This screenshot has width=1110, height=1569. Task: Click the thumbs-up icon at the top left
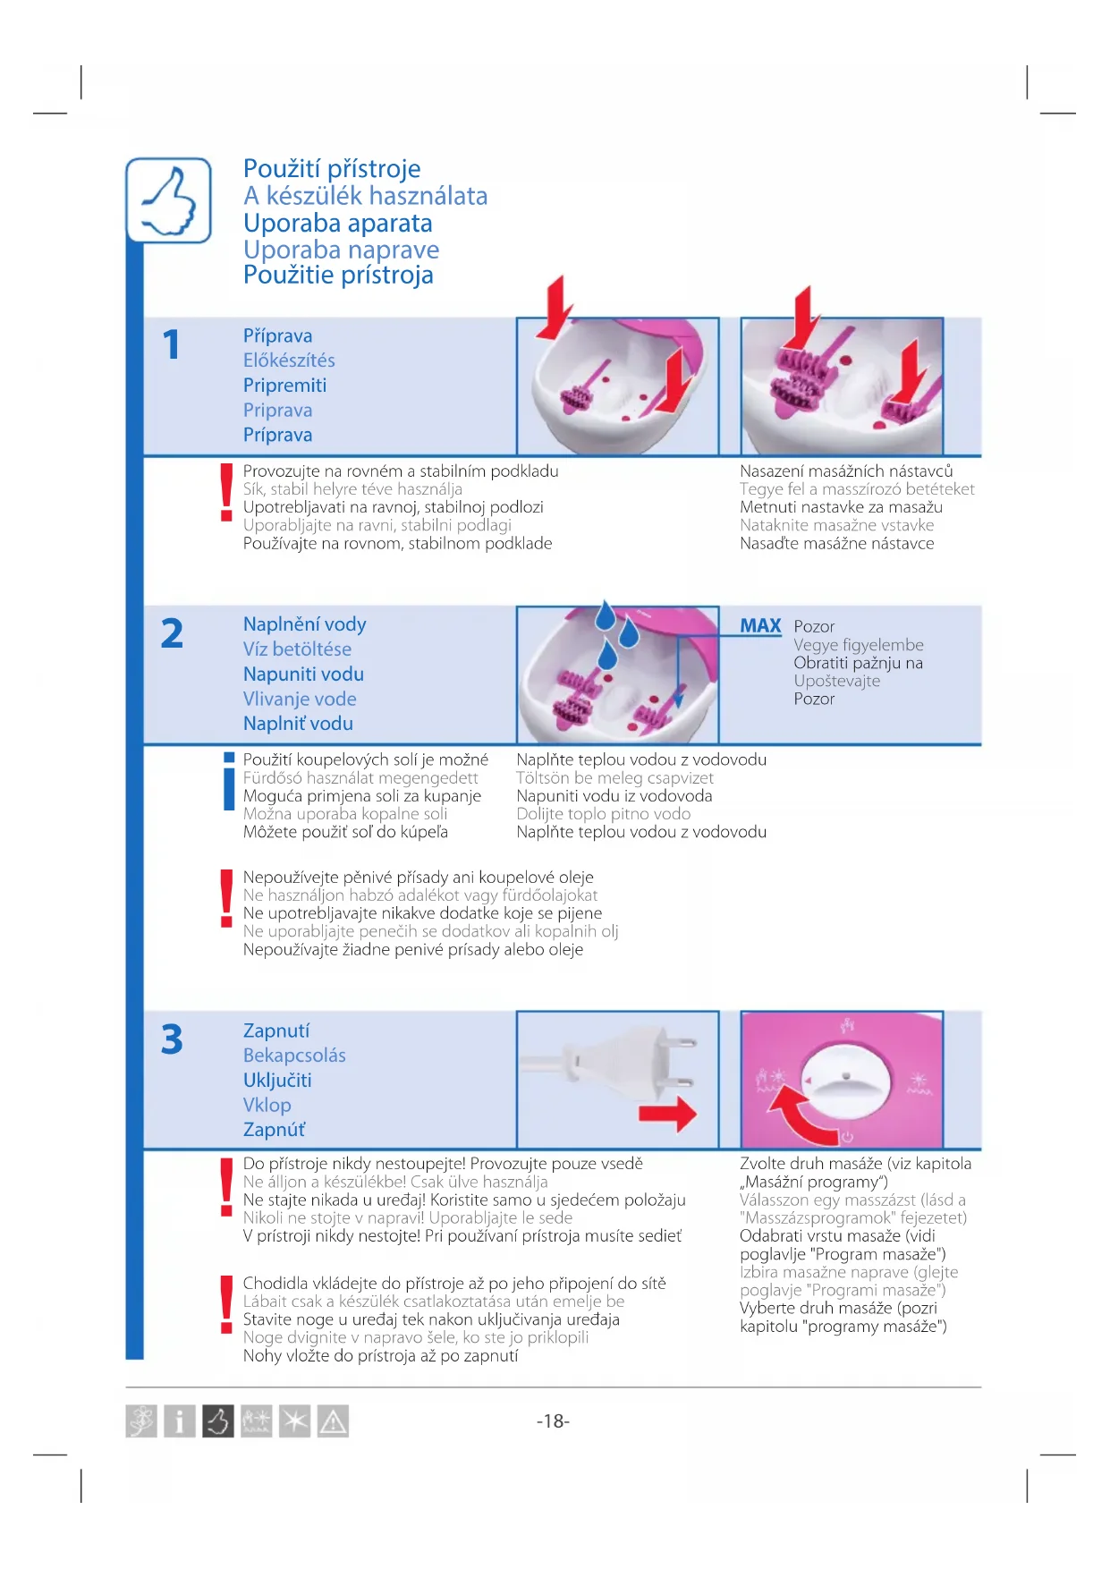point(169,200)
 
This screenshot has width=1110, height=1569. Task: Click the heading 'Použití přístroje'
point(332,169)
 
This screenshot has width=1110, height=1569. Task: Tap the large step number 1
point(172,344)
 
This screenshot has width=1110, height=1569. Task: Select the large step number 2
point(172,633)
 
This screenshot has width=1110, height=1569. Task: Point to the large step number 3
point(172,1039)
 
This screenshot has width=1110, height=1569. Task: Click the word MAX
point(760,626)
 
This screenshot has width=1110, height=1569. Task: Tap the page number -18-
point(553,1421)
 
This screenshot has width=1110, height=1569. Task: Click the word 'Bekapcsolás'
point(294,1056)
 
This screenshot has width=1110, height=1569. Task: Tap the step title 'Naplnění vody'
point(304,624)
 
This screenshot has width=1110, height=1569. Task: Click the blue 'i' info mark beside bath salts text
point(229,781)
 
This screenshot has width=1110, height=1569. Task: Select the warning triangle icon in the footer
point(333,1421)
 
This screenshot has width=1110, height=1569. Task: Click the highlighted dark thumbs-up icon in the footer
point(218,1421)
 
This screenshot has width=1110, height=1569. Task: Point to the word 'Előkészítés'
point(289,360)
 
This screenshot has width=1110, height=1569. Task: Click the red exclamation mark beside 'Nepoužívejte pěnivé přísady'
point(227,898)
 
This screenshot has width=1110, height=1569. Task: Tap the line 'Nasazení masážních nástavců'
point(846,471)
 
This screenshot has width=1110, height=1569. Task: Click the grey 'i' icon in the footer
point(180,1421)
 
